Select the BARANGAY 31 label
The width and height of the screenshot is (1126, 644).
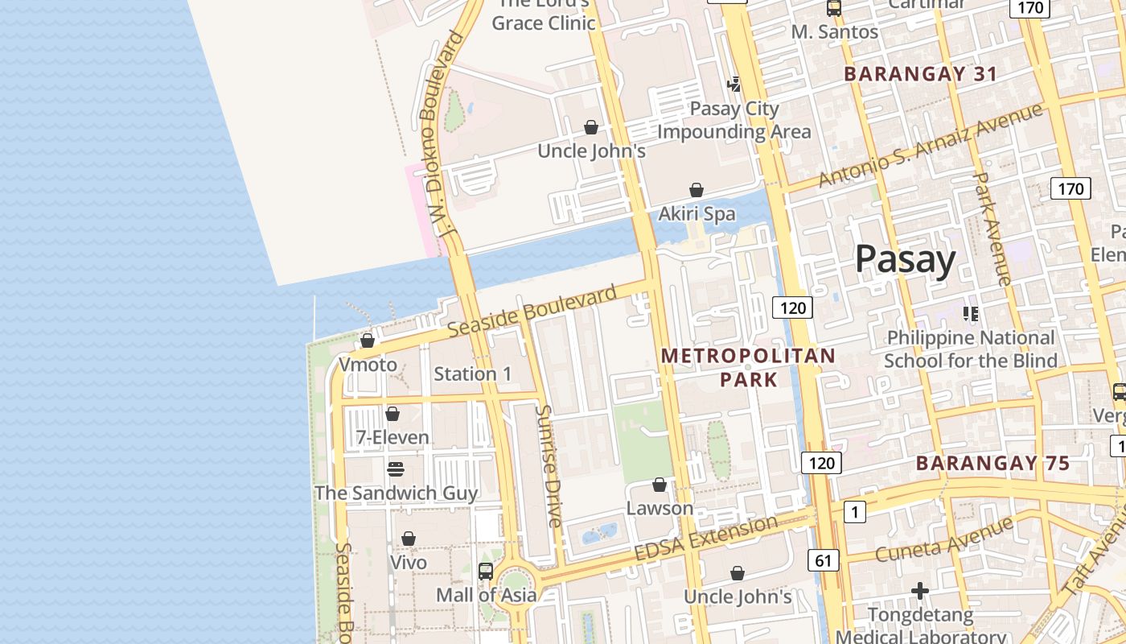(x=920, y=74)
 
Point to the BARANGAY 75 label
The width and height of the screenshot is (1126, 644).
(x=993, y=463)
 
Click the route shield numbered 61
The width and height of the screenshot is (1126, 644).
(x=823, y=560)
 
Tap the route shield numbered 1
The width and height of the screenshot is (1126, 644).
(x=854, y=511)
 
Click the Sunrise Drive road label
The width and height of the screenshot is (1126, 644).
(x=549, y=465)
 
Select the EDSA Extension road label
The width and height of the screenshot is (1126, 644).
(x=706, y=539)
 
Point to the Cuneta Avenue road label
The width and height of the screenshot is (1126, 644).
(x=944, y=541)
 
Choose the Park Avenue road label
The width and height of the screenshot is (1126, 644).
(x=992, y=229)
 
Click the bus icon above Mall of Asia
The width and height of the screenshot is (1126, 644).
(x=486, y=572)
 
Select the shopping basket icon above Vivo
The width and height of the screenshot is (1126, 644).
(x=409, y=539)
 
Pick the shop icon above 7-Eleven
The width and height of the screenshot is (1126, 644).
(x=392, y=414)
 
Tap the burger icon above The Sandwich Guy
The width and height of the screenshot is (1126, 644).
(x=395, y=469)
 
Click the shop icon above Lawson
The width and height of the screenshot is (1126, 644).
(x=660, y=485)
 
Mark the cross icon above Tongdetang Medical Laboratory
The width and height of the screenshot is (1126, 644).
(x=920, y=592)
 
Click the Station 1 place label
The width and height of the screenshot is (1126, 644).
(x=472, y=374)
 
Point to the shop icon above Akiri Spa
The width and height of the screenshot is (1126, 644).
(x=697, y=190)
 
